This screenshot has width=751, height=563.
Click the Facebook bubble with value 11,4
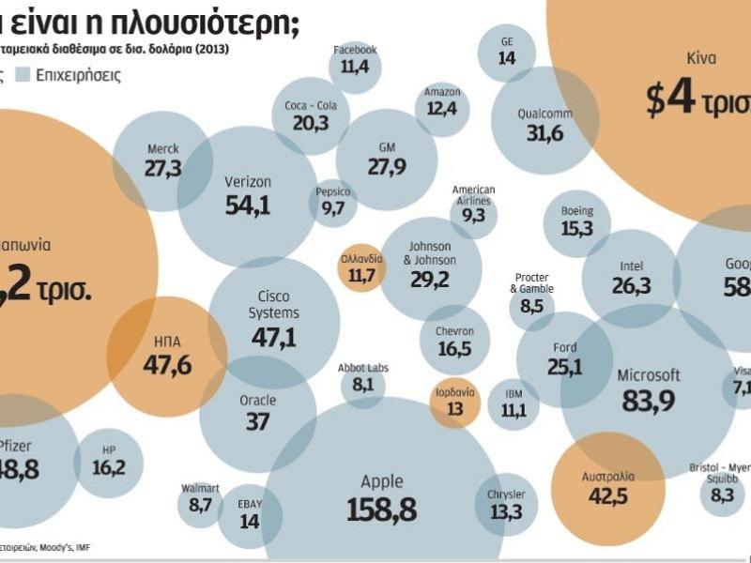(x=355, y=60)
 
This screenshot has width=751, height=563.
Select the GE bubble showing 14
(x=507, y=52)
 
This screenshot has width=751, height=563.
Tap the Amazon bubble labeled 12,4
(x=441, y=101)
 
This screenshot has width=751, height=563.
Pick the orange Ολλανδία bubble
(x=361, y=268)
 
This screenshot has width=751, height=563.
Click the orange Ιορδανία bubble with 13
(x=455, y=403)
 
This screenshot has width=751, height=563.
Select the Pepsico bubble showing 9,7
(x=333, y=202)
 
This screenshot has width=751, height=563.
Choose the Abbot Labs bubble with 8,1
(x=363, y=377)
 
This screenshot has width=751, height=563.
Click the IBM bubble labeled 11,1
(x=513, y=403)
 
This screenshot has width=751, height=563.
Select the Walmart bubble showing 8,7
(x=200, y=498)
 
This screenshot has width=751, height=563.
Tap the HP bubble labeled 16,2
(x=109, y=460)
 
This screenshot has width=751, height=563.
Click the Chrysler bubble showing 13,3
(x=506, y=504)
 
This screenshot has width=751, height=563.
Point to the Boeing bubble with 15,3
(x=577, y=221)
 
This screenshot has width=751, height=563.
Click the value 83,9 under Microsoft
(x=648, y=401)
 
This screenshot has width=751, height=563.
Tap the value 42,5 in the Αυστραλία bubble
(x=608, y=495)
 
